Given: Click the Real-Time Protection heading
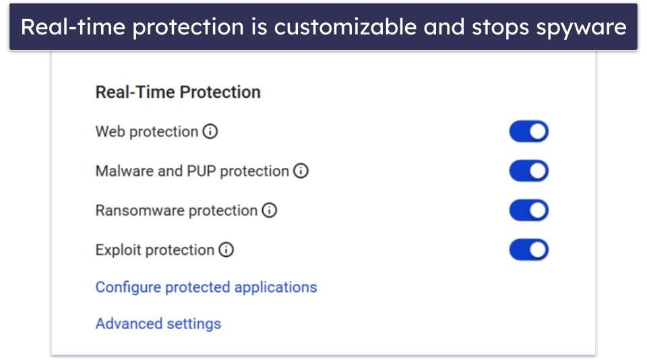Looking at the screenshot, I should pos(178,92).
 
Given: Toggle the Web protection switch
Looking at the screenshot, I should pos(528,132).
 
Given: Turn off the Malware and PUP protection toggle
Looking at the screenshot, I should pos(528,171).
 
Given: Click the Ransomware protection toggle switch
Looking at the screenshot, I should pos(528,211).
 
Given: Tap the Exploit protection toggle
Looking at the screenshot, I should pos(528,250).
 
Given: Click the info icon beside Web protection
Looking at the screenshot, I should pos(210,132).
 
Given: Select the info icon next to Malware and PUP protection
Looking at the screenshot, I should pos(301,171).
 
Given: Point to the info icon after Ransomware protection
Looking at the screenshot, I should pos(270,211).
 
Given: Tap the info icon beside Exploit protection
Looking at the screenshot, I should pos(226,250).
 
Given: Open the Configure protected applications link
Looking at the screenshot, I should pos(206,287).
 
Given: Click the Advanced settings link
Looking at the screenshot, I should pos(158,324).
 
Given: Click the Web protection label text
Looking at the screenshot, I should pos(146,132).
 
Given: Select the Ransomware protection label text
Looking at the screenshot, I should pos(176,211).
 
